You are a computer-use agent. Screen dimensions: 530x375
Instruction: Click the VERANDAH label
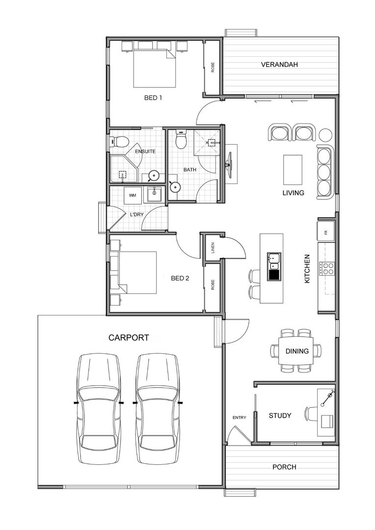279,64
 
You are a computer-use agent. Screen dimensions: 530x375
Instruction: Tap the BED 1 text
153,98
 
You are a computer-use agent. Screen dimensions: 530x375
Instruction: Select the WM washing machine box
132,195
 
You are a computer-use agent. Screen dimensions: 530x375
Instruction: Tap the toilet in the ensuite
119,142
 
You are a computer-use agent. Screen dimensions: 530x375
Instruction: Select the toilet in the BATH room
181,140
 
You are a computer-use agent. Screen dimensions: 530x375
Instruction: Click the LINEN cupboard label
213,247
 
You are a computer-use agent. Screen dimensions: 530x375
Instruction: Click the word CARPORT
129,338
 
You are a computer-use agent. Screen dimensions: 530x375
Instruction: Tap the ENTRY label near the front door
239,418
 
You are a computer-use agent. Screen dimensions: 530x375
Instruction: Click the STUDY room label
280,416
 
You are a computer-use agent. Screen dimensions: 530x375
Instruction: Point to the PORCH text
284,467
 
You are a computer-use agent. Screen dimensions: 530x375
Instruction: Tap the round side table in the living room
325,134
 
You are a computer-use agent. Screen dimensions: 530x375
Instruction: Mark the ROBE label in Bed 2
213,285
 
